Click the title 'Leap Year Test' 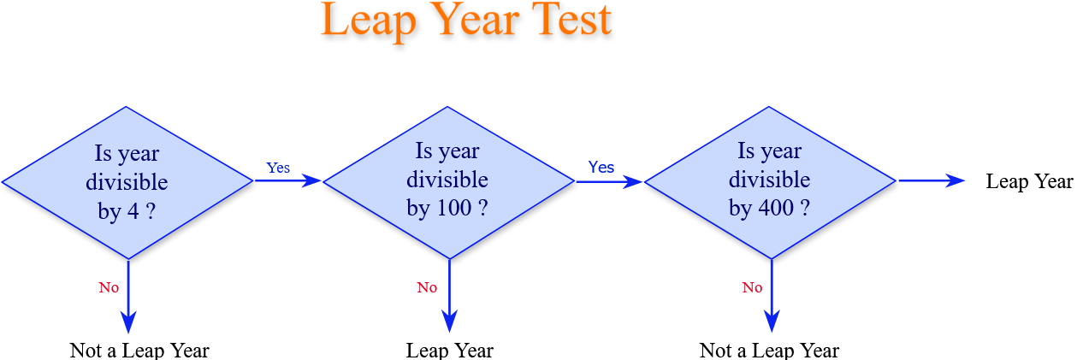point(465,21)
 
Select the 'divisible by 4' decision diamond point(127,183)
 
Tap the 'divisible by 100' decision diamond point(448,183)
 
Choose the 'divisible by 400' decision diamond point(770,183)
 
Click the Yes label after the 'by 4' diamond point(278,168)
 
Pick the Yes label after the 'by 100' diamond point(601,168)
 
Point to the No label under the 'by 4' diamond point(109,287)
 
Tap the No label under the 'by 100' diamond point(427,287)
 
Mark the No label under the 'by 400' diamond point(753,287)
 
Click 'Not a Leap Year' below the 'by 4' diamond point(139,351)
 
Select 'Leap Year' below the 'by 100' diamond point(450,351)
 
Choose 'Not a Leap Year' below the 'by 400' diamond point(769,351)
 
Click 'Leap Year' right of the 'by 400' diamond point(1029,181)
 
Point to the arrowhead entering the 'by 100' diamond point(311,180)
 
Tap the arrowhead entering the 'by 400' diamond point(633,181)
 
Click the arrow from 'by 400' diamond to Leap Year point(932,180)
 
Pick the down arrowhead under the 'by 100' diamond point(450,321)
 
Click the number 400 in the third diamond point(776,208)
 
